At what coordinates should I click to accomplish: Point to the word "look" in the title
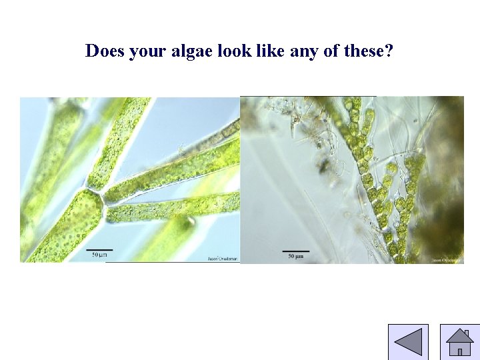tap(235, 51)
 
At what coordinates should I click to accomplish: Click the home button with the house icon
tap(459, 342)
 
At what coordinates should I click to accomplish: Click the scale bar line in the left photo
tap(99, 249)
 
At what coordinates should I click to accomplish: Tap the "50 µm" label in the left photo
tap(99, 255)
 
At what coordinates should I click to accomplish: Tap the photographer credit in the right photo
tap(446, 260)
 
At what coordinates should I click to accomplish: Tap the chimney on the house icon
tap(467, 333)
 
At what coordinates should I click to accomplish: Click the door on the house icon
tap(459, 351)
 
